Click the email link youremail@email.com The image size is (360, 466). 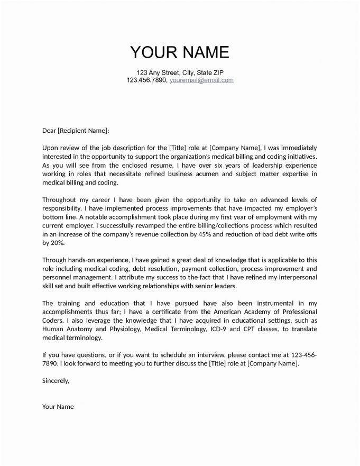(201, 80)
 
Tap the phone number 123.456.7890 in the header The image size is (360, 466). (146, 80)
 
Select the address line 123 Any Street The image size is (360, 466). (180, 72)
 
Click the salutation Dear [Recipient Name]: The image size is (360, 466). (76, 130)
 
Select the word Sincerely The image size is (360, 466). (56, 380)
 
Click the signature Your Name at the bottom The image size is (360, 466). (58, 407)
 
